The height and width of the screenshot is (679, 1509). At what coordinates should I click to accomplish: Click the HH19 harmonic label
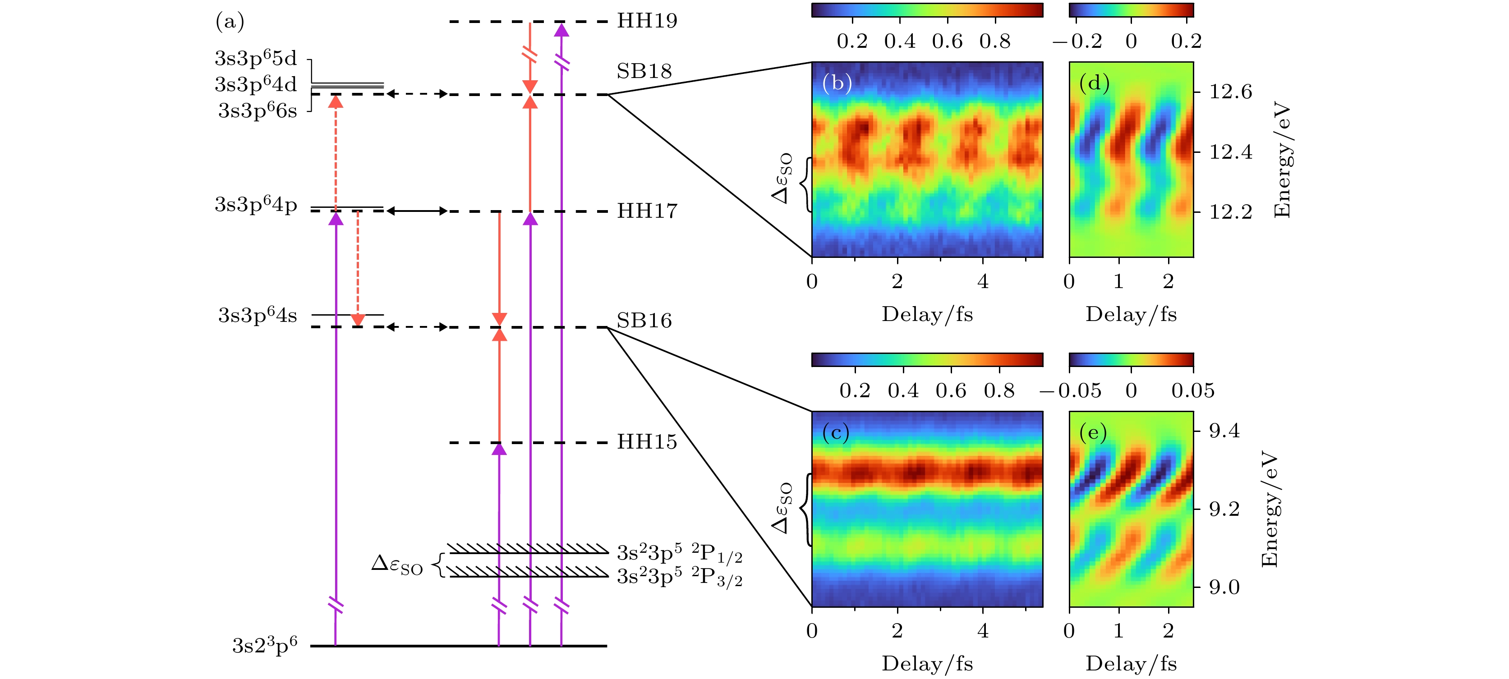(647, 21)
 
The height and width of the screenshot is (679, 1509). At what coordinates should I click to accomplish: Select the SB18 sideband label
(644, 72)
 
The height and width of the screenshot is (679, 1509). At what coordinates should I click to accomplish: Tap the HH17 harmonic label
(647, 211)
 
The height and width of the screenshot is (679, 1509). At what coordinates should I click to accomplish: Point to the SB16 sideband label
(644, 321)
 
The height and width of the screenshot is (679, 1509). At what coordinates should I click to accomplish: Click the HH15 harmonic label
(647, 442)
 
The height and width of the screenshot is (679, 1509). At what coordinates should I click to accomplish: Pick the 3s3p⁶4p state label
(256, 205)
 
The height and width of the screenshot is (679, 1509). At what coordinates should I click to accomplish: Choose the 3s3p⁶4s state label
(258, 316)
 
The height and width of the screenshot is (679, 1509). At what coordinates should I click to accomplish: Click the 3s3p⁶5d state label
(256, 59)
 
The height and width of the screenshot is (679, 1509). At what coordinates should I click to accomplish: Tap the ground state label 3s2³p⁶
(265, 646)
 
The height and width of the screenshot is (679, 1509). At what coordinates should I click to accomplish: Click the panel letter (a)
(230, 22)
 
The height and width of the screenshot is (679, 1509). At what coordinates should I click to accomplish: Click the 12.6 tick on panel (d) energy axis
(1231, 92)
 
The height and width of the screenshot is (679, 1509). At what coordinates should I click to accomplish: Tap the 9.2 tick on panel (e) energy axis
(1224, 509)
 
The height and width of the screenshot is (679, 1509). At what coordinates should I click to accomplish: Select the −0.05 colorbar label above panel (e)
(1070, 391)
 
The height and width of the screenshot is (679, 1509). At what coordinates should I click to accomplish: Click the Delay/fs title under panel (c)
(927, 663)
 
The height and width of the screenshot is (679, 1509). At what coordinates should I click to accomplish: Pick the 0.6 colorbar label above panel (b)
(947, 41)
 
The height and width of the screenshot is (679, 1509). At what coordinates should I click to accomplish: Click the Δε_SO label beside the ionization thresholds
(397, 565)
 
